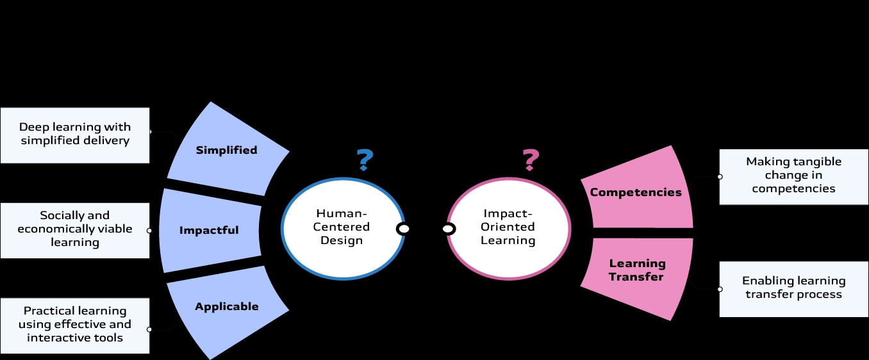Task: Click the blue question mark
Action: [365, 159]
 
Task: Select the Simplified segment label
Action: [226, 150]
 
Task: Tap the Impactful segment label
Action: [209, 230]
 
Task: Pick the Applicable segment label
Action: [227, 306]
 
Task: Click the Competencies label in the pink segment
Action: [636, 192]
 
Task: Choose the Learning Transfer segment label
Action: [637, 270]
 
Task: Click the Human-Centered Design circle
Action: [342, 227]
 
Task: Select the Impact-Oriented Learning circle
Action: [508, 227]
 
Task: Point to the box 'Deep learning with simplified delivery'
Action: [75, 135]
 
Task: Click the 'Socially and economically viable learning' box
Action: [75, 229]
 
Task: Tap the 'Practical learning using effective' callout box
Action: [75, 325]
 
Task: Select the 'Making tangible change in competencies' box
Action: [793, 176]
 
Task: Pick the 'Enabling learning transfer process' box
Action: [793, 288]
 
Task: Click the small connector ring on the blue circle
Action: [403, 229]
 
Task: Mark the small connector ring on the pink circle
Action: [449, 229]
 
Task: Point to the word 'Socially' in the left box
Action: [59, 215]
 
